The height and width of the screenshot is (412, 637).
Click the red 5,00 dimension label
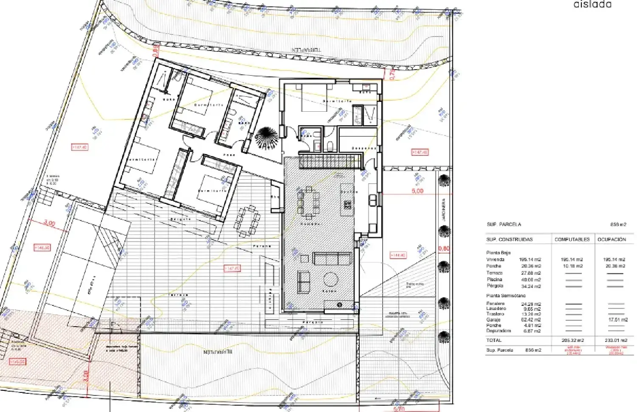coord(417,191)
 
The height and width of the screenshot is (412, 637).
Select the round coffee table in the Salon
coord(330,279)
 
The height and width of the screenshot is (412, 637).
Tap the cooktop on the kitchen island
coord(347,205)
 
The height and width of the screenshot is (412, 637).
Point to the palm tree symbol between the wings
coord(267,138)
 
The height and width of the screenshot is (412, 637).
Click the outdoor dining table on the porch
coord(248,221)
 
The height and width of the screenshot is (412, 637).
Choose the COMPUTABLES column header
coord(572,240)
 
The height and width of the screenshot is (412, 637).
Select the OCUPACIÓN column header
coord(612,240)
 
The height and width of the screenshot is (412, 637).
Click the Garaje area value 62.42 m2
coord(531,319)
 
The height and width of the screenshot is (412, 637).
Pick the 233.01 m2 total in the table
coord(615,340)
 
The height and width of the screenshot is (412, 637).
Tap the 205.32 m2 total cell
coord(572,340)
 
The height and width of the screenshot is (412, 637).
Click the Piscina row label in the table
coord(494,279)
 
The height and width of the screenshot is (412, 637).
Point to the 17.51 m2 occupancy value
coord(617,319)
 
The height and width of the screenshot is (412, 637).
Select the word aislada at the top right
coord(592,5)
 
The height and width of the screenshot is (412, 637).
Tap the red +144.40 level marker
coord(398,255)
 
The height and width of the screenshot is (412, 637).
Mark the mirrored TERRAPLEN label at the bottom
coord(217,352)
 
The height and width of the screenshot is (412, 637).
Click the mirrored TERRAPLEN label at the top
coord(306,50)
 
